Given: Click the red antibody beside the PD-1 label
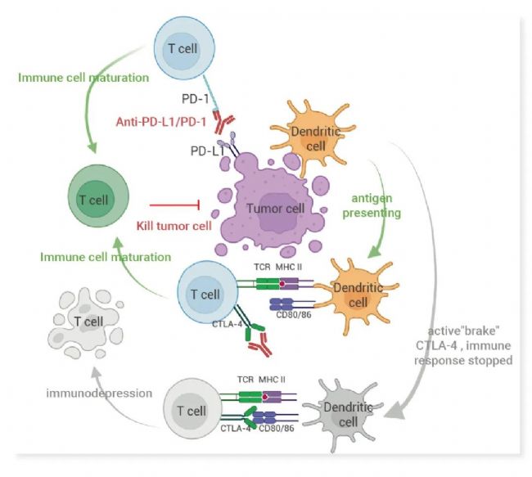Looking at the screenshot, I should [222, 124].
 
